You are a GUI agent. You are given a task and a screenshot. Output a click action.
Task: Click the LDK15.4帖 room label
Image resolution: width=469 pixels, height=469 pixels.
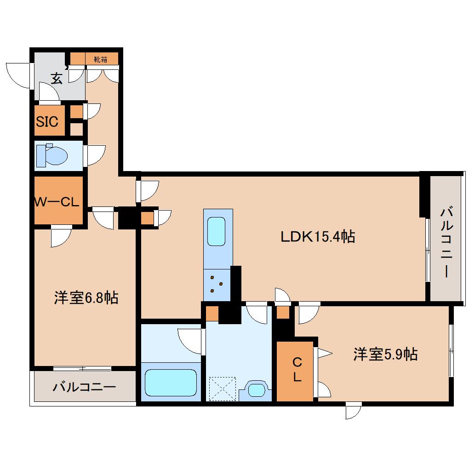317,237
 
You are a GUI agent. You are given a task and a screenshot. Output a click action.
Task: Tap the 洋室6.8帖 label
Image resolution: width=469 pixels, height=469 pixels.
86,298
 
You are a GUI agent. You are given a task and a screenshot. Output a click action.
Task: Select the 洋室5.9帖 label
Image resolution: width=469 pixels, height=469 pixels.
385,354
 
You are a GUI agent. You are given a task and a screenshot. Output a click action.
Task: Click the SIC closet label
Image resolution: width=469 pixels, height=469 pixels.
47,122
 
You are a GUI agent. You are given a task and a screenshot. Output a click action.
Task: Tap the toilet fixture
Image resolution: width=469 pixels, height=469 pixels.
52,154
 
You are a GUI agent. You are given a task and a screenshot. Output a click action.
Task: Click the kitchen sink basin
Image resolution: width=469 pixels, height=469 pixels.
216,232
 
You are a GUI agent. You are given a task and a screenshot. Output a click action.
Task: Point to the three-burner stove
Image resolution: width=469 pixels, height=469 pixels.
216,283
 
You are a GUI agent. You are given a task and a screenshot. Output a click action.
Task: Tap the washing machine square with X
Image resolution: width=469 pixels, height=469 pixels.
222,389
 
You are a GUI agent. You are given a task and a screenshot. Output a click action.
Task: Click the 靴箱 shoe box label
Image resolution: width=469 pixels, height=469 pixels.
101,59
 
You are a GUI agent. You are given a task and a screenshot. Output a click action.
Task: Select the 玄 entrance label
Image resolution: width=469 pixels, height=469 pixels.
56,79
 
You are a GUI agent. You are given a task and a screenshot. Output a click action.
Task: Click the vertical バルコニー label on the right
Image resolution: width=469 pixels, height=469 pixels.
445,241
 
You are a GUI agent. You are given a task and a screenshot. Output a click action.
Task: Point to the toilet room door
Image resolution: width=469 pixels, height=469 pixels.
94,155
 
